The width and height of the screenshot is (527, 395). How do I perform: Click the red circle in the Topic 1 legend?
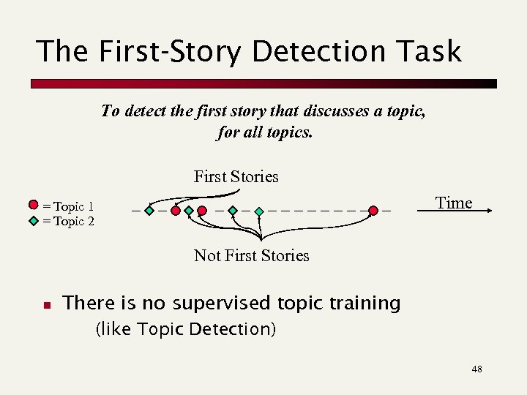coord(34,205)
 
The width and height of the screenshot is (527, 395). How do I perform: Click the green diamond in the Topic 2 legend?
coord(34,219)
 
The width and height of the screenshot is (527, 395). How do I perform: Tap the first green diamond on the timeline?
coord(149,211)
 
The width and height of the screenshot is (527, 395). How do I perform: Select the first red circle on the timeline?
coord(176,211)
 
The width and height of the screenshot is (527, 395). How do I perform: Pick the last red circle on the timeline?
coord(373,211)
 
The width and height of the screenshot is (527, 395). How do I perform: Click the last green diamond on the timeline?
coord(259,211)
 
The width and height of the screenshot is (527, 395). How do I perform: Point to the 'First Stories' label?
coord(236,176)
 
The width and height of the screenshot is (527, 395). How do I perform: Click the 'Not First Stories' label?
coord(251,255)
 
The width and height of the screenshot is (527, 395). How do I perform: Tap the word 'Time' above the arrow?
coord(454,203)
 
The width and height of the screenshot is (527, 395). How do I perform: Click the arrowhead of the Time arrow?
coord(486,211)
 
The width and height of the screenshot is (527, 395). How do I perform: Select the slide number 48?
coord(476,369)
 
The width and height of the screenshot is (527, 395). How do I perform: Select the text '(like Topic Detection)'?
coord(186,329)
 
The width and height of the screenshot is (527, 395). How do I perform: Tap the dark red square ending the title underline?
coord(492,84)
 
